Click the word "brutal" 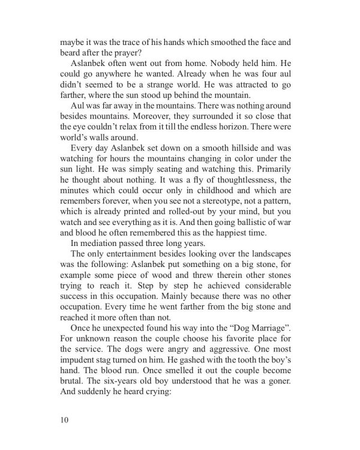74,401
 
